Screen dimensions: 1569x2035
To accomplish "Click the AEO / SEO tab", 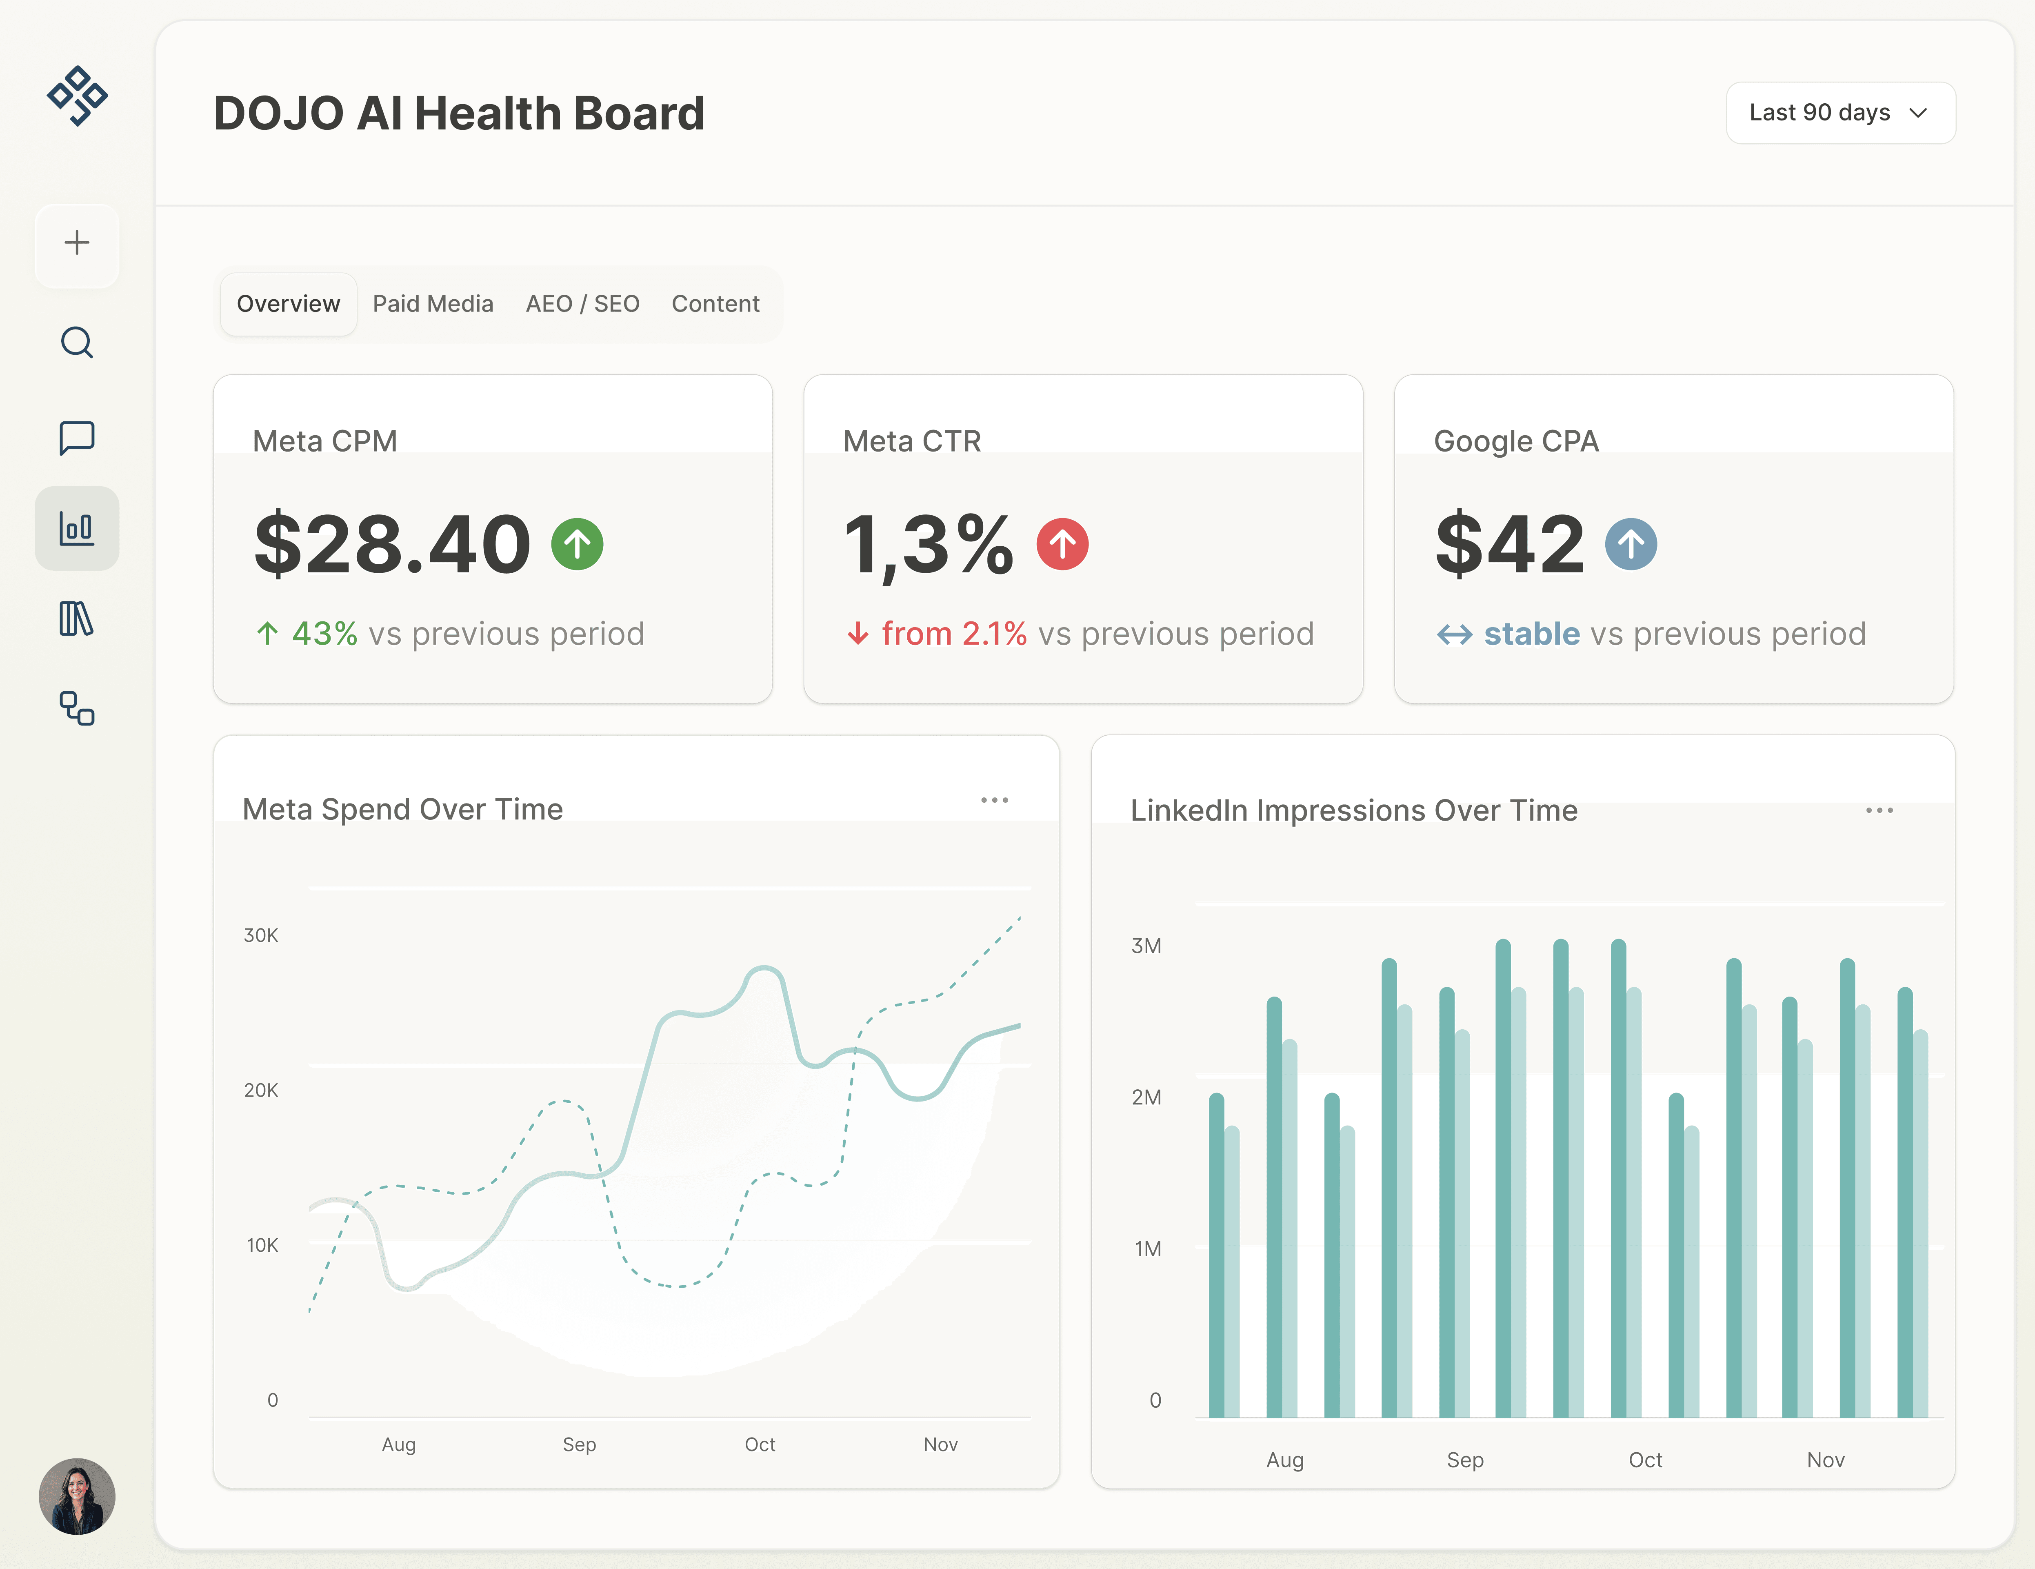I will point(582,304).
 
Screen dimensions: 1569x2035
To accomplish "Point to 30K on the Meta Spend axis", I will point(261,935).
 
